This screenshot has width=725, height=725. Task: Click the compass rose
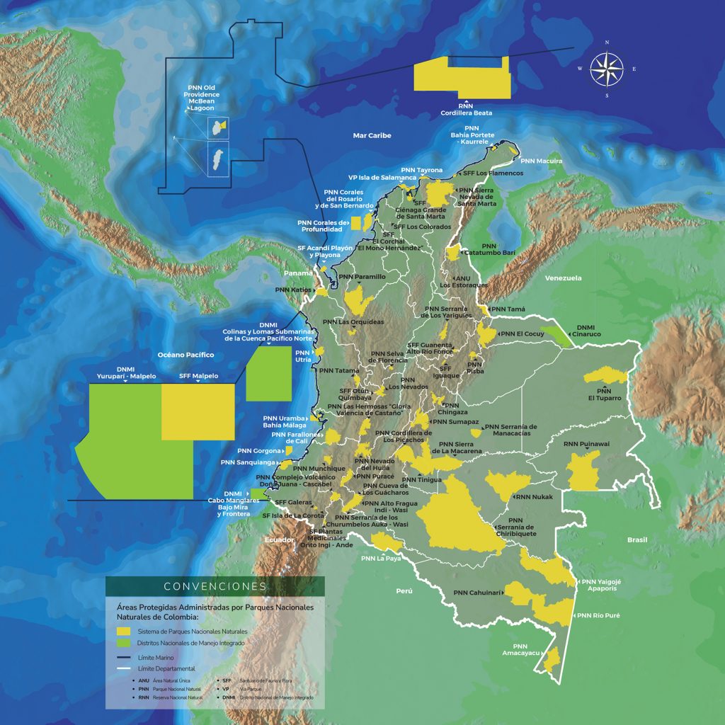click(x=606, y=69)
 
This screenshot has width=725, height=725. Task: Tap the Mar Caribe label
click(x=372, y=135)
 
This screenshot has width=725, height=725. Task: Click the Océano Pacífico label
click(x=185, y=353)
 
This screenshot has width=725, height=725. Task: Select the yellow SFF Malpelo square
click(x=198, y=411)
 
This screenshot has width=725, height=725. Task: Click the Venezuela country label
click(x=563, y=278)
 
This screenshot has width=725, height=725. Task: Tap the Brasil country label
click(x=636, y=540)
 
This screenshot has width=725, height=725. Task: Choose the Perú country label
click(x=404, y=590)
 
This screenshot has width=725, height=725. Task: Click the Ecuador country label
click(x=279, y=540)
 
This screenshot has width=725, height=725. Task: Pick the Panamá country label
click(x=298, y=273)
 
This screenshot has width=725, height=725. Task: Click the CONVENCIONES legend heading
click(x=215, y=586)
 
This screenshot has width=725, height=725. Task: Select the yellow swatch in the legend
click(x=124, y=631)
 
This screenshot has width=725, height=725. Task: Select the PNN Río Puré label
click(x=598, y=615)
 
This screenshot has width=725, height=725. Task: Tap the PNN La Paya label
click(x=380, y=558)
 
